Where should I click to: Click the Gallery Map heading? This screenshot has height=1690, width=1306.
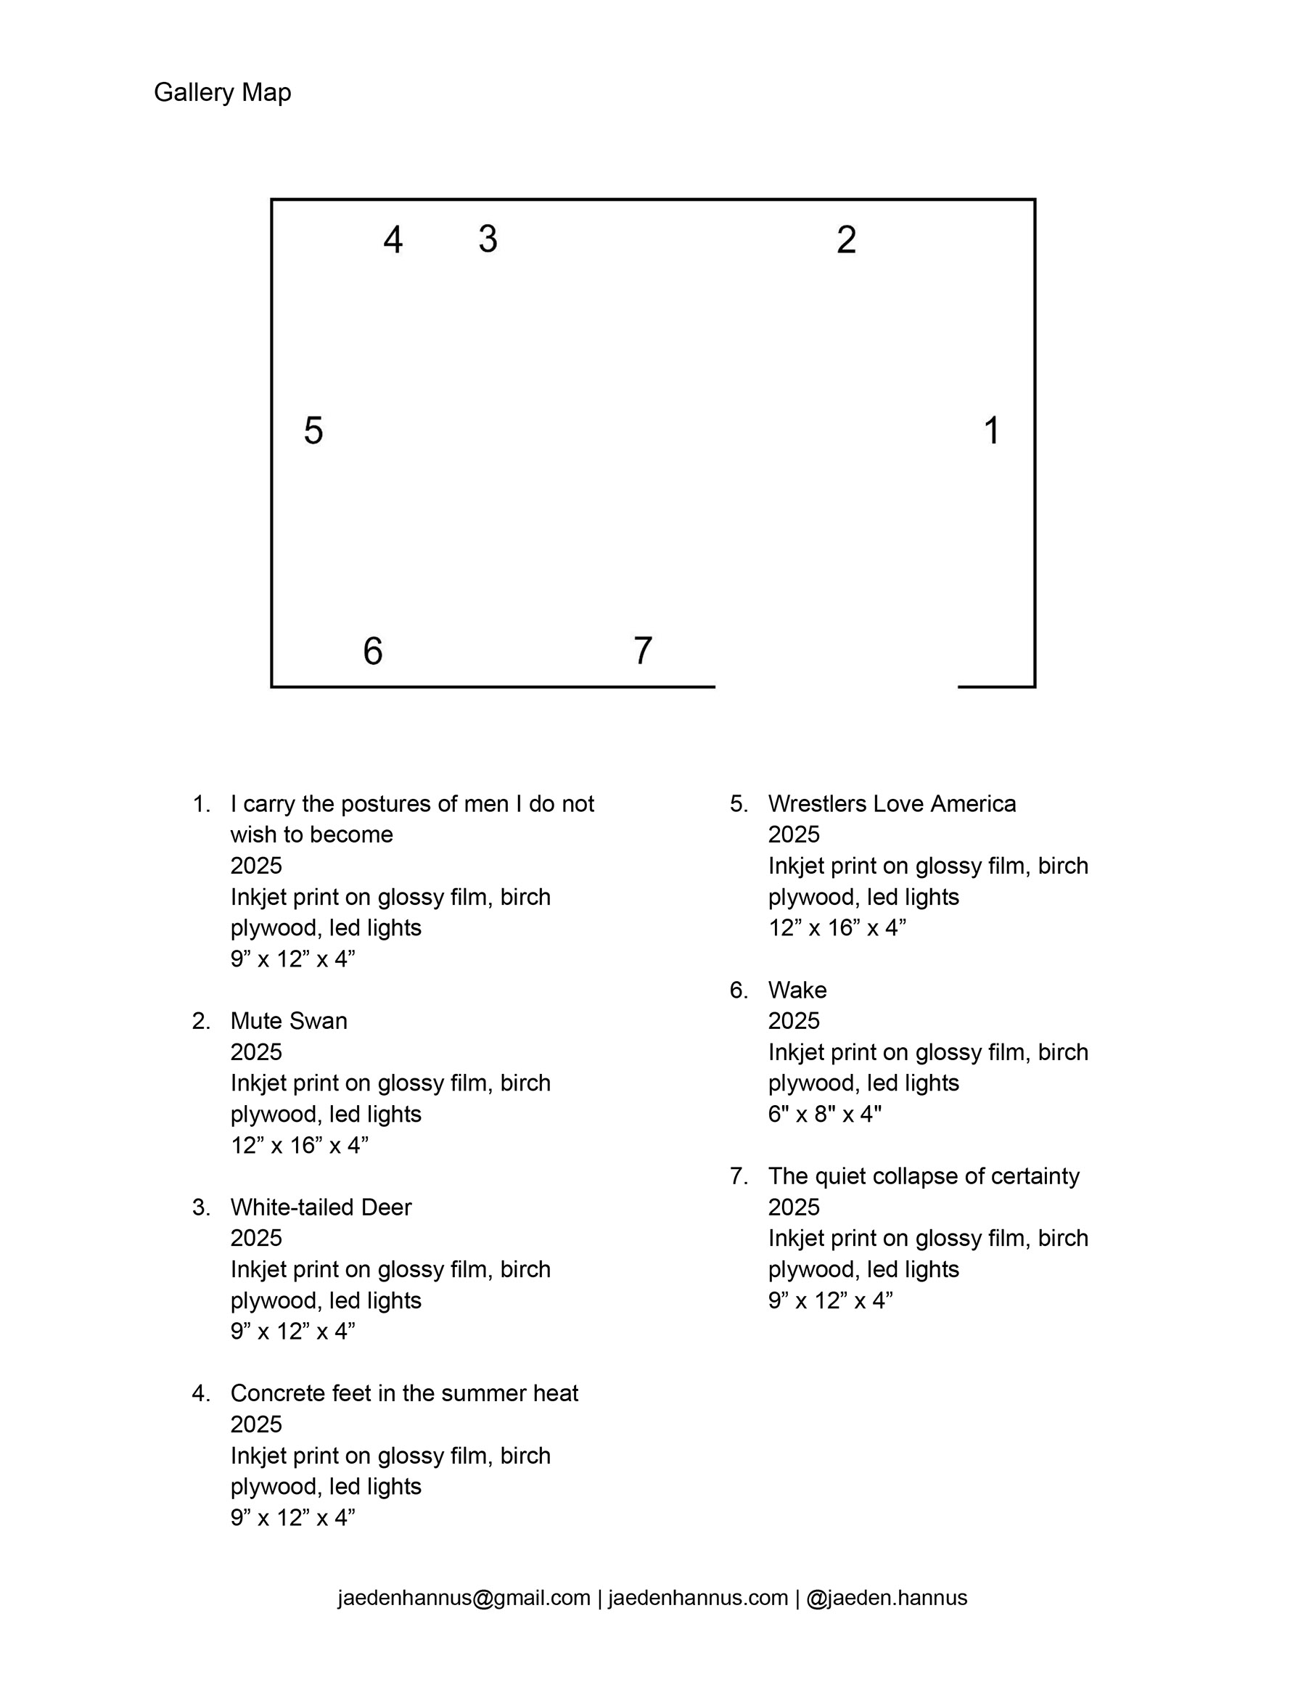click(x=222, y=92)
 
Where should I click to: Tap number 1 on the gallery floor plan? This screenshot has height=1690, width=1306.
click(x=991, y=430)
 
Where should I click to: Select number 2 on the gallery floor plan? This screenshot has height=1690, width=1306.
click(x=847, y=240)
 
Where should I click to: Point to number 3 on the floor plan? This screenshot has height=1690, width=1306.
click(x=488, y=238)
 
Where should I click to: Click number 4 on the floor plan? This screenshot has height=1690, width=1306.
click(x=393, y=240)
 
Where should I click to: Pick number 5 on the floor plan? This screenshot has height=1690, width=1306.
click(x=313, y=430)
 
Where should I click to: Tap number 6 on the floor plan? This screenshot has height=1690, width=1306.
click(x=373, y=651)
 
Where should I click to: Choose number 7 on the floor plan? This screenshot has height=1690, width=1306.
click(x=643, y=651)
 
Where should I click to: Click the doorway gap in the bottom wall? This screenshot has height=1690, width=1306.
click(x=836, y=686)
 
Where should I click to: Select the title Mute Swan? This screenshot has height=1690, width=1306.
click(x=289, y=1021)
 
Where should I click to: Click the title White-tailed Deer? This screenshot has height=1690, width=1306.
click(x=321, y=1207)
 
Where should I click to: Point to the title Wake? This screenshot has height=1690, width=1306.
click(x=797, y=990)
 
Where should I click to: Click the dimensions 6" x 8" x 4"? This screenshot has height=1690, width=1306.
click(x=825, y=1115)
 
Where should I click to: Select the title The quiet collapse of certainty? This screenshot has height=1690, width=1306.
click(x=923, y=1176)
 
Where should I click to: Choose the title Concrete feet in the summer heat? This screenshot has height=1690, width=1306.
click(x=404, y=1394)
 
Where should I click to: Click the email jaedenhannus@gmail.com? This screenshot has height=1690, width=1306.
click(x=464, y=1598)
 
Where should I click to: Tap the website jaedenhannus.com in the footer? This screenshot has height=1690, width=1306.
click(x=698, y=1598)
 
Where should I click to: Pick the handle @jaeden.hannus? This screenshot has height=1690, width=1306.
click(x=887, y=1598)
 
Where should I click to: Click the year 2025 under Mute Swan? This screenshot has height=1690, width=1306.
click(x=256, y=1052)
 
